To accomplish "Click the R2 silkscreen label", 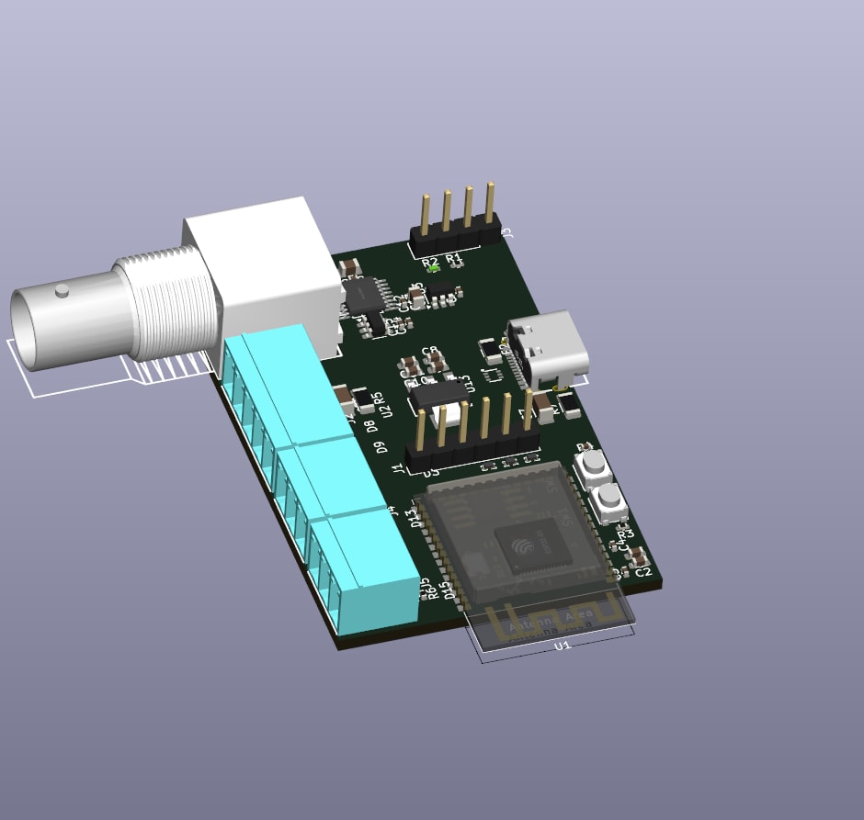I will pyautogui.click(x=429, y=263).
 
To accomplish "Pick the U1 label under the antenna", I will pyautogui.click(x=563, y=646).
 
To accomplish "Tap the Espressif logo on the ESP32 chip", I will pyautogui.click(x=523, y=548).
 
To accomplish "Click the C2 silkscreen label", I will pyautogui.click(x=642, y=572).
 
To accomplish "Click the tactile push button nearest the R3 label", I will pyautogui.click(x=608, y=501).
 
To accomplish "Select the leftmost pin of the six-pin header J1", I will pyautogui.click(x=422, y=432).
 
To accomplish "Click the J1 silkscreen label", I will pyautogui.click(x=398, y=469).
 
